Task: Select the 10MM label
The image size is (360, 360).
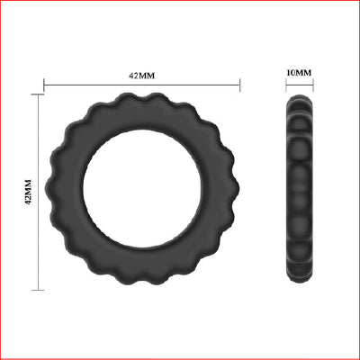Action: (x=299, y=72)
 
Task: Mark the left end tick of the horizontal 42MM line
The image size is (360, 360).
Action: (x=44, y=86)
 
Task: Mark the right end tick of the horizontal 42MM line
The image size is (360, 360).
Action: (x=239, y=86)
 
